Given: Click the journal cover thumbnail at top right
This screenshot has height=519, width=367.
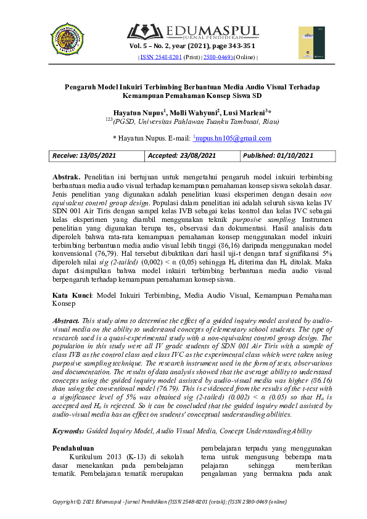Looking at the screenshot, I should tap(311, 43).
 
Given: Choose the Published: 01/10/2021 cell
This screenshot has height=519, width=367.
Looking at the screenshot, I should tap(279, 156).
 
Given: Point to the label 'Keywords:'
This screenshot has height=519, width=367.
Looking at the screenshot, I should tap(68, 431).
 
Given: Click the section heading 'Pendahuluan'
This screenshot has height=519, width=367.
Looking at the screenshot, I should tap(73, 448).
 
